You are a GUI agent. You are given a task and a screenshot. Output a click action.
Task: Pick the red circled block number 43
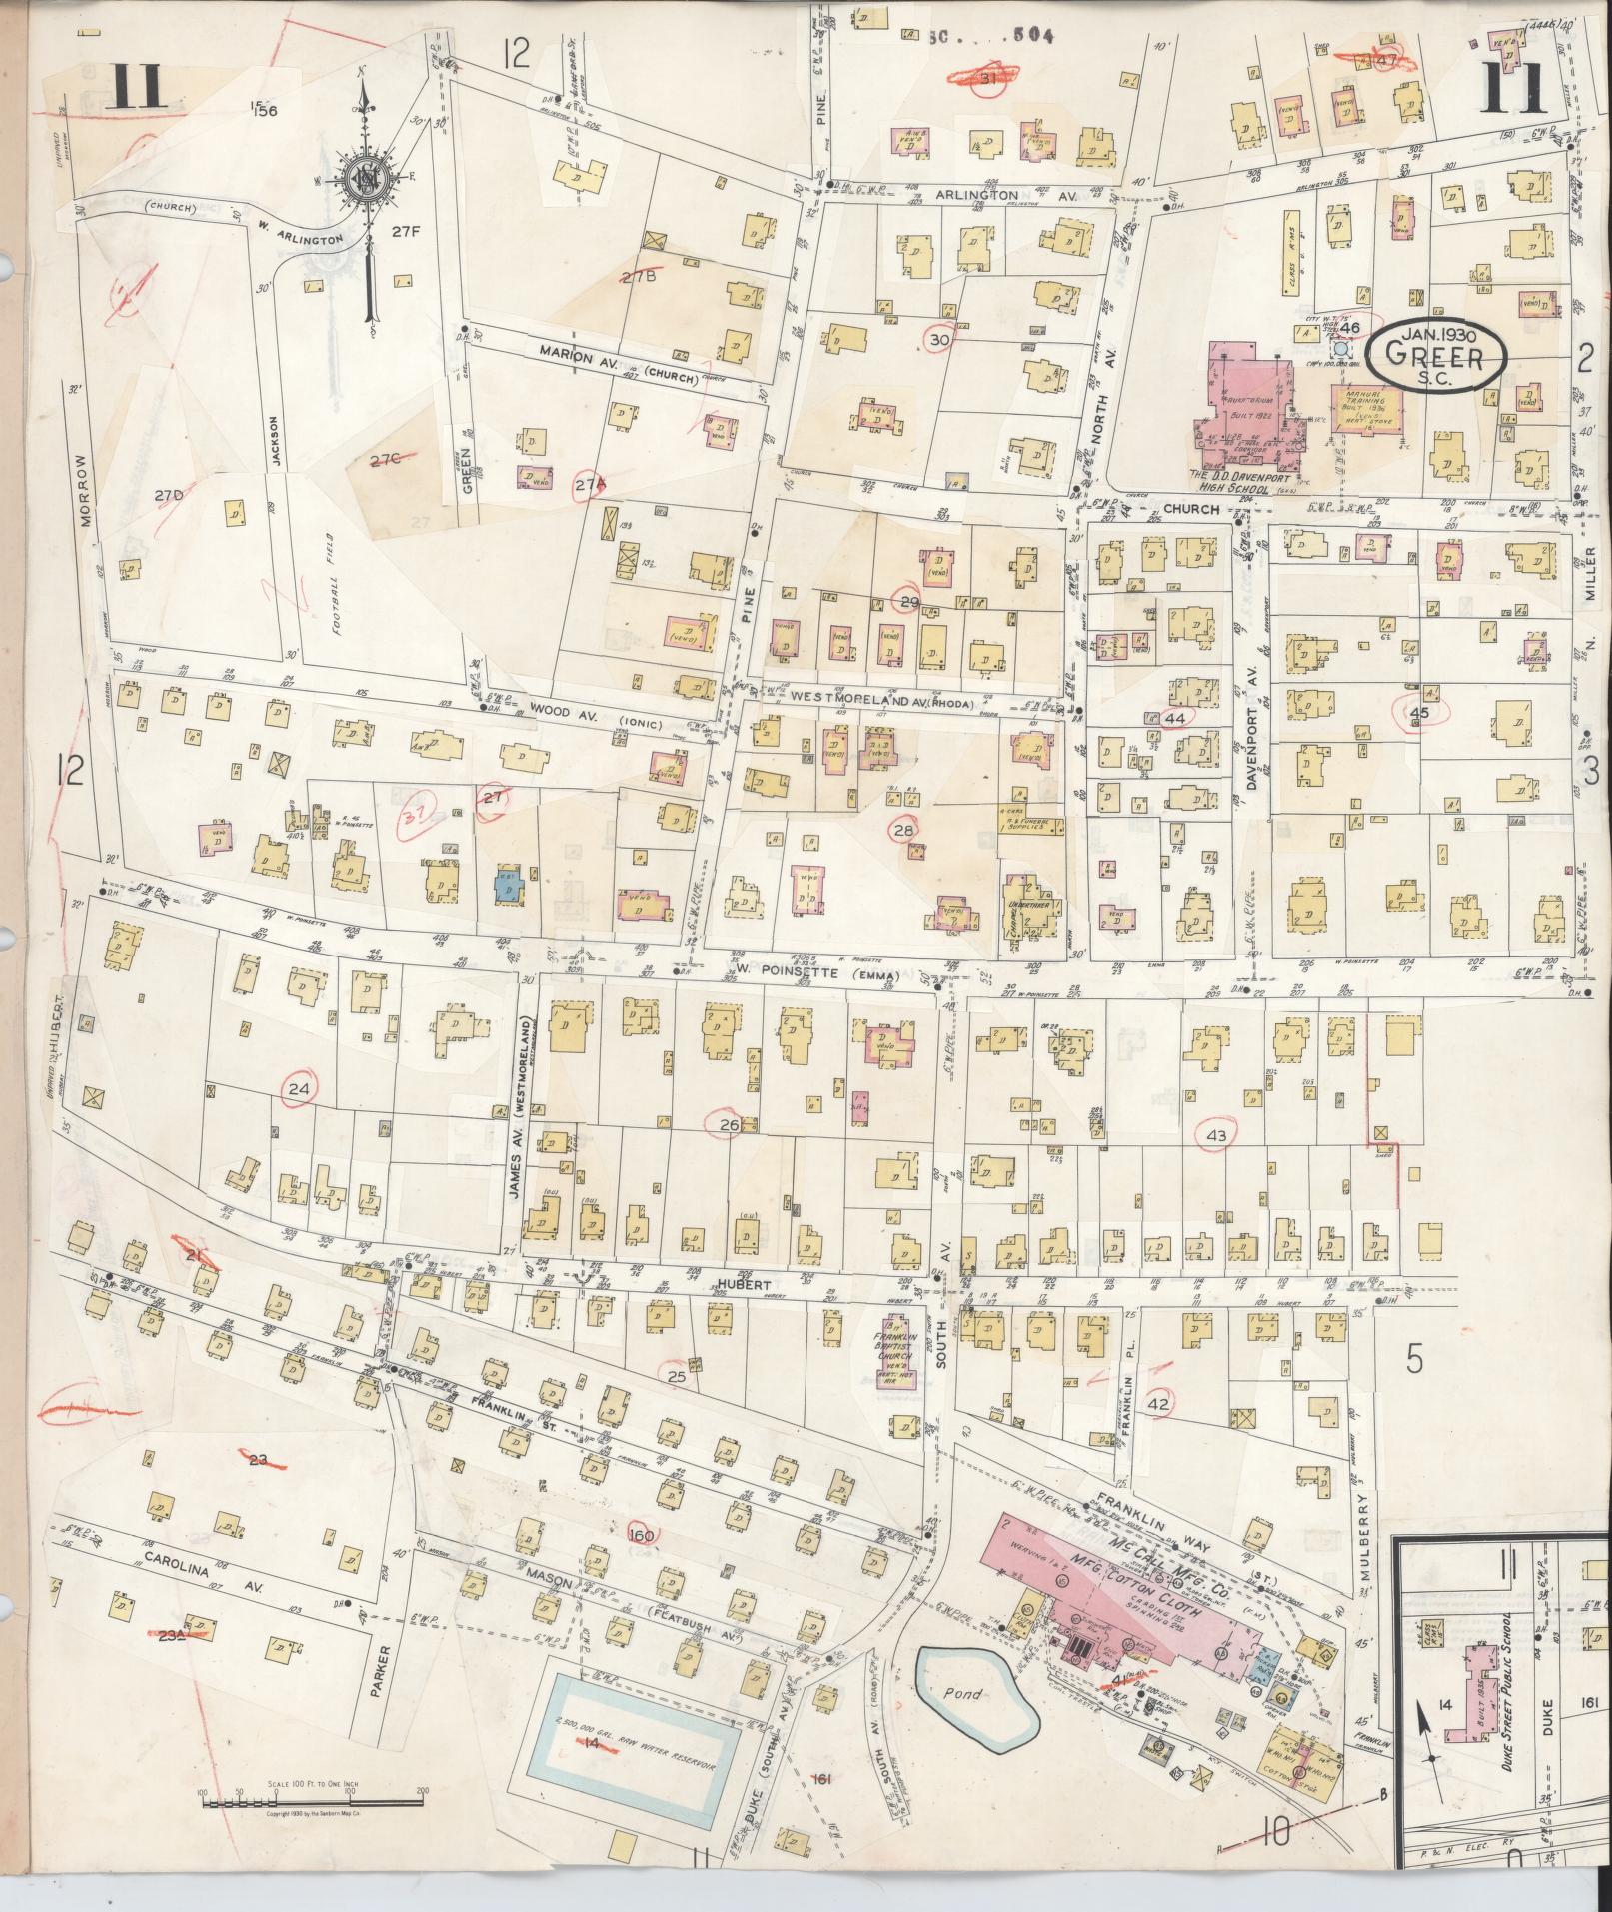[1216, 1135]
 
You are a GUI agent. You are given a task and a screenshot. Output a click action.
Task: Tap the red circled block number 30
[939, 340]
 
